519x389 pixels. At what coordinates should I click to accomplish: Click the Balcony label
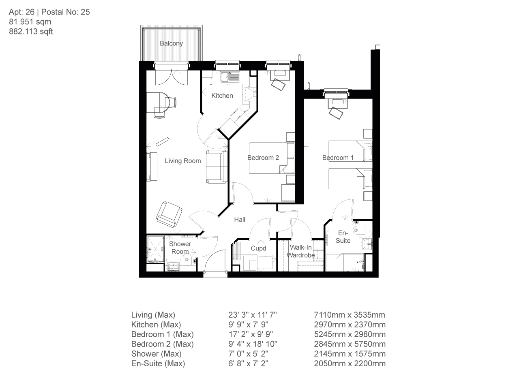coord(171,43)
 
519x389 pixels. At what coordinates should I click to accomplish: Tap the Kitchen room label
coord(222,96)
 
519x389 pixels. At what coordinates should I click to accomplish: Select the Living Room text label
coord(182,161)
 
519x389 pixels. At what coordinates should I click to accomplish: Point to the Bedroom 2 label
coord(263,158)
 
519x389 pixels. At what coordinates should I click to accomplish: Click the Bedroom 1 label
coord(338,158)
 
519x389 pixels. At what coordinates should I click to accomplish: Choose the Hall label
coord(240,220)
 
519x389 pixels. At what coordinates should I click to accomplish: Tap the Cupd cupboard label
coord(258,248)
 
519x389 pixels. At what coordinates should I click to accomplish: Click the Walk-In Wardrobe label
coord(301,251)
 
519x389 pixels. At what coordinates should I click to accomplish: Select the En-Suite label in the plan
coord(343,237)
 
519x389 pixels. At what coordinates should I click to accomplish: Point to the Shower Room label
coord(180,248)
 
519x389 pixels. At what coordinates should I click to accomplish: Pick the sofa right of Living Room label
coord(216,166)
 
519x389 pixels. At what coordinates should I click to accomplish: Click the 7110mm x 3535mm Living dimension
coord(350,315)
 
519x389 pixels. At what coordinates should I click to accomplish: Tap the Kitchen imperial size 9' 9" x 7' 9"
coord(248,325)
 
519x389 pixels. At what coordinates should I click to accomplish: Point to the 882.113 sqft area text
coord(31,32)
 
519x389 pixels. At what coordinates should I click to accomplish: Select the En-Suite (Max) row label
coord(158,363)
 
